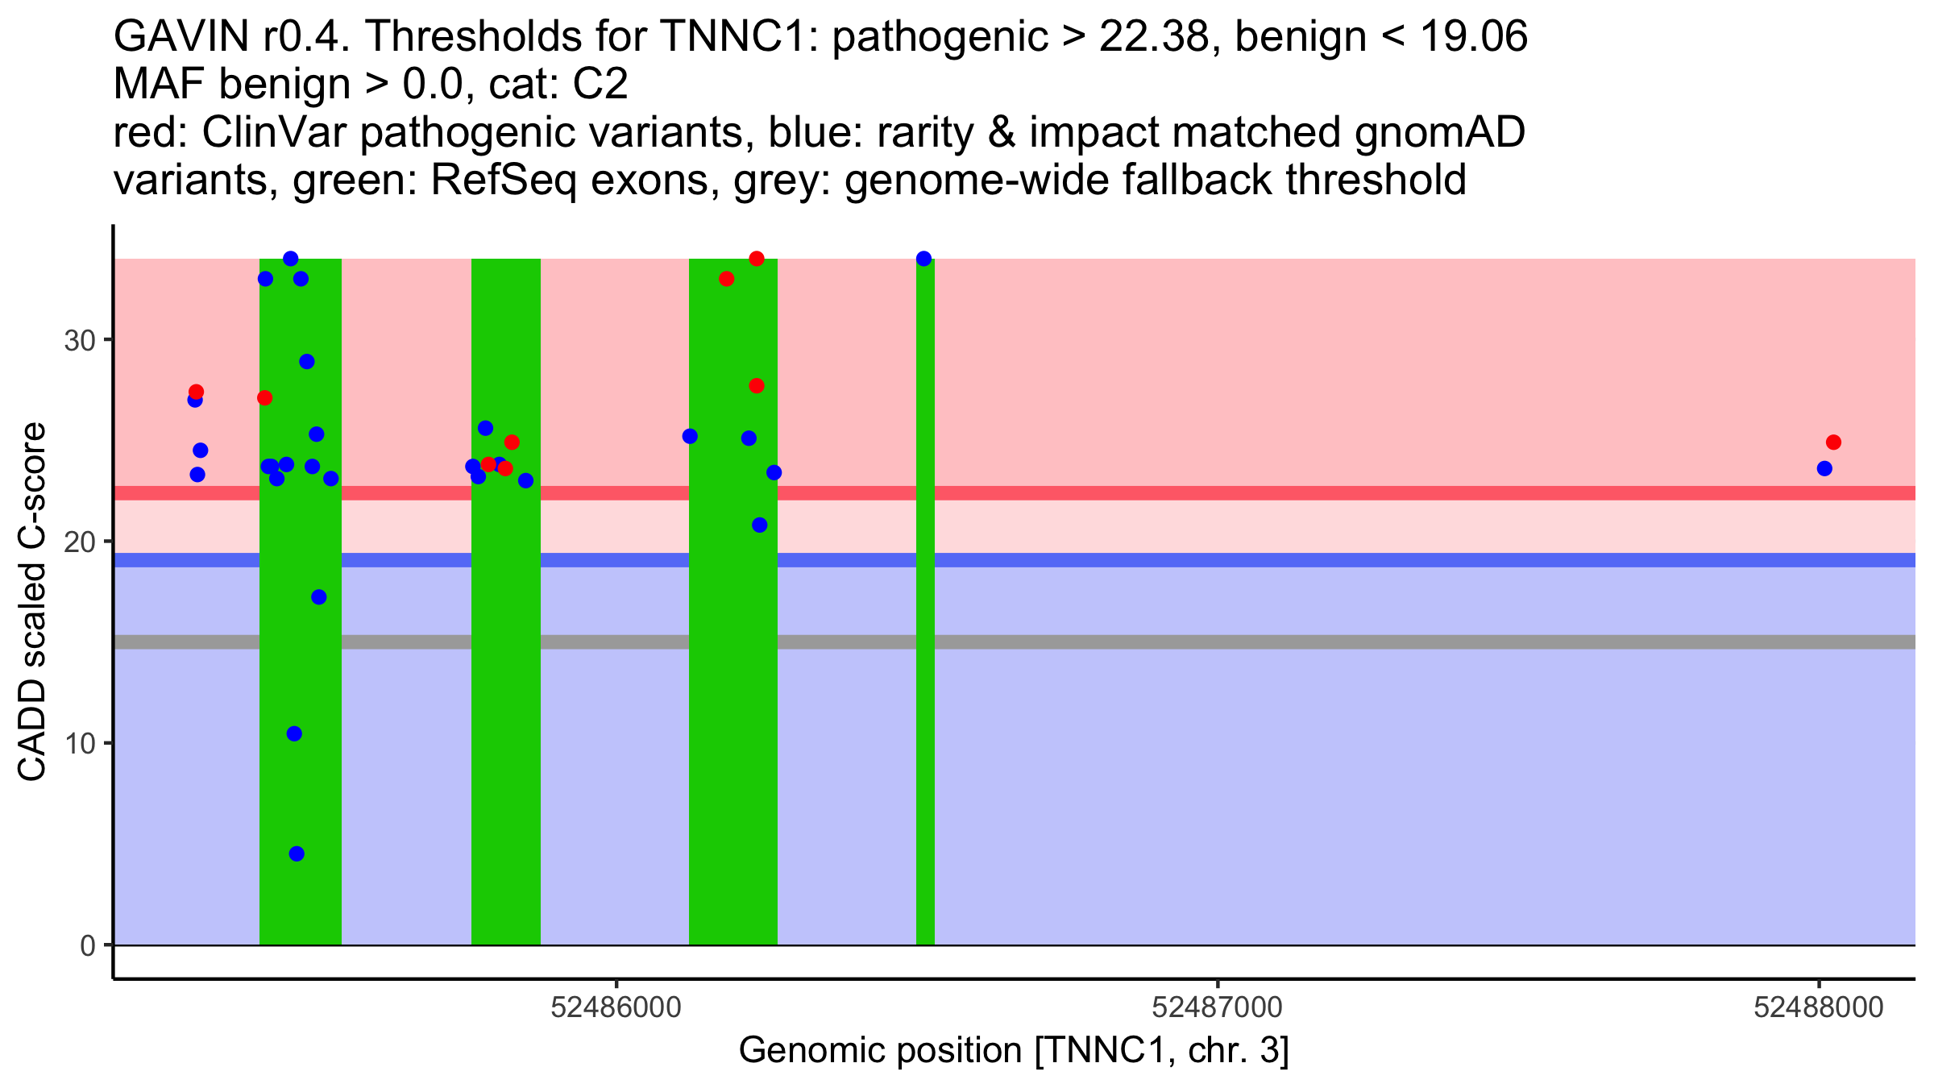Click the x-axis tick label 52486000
616,1008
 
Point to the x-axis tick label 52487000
1217,1008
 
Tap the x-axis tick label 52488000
1818,1008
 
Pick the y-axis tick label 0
88,945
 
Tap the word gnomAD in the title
1439,133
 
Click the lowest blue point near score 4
297,853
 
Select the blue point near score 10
294,733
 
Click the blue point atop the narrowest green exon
923,259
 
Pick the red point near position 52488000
1833,442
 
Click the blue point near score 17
319,597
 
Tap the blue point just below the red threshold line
759,525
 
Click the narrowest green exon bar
925,645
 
